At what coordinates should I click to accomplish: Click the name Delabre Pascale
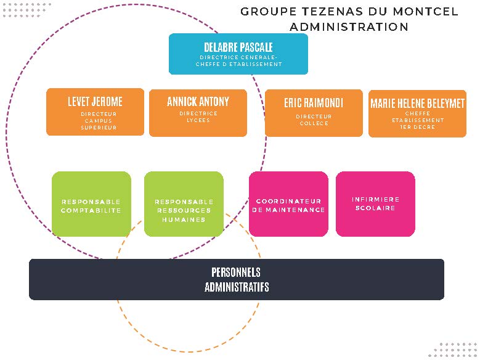click(x=238, y=47)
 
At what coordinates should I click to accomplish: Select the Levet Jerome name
click(x=95, y=102)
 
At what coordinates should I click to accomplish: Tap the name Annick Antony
click(x=198, y=102)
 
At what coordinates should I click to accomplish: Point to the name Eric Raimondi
click(x=314, y=103)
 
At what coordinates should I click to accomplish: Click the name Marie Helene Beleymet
click(x=417, y=104)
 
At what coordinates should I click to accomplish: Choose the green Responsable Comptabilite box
click(x=91, y=204)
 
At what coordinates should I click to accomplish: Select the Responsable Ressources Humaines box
click(x=184, y=204)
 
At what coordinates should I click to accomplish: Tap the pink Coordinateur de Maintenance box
click(x=288, y=204)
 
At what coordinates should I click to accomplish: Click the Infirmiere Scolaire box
click(x=375, y=204)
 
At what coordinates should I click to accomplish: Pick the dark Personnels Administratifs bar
click(x=237, y=279)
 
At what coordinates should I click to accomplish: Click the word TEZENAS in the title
click(x=333, y=12)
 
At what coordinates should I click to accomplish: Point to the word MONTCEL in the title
click(x=425, y=12)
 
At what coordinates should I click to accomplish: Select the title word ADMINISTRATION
click(x=349, y=27)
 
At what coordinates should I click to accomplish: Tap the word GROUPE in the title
click(x=268, y=12)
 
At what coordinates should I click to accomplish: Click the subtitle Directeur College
click(x=314, y=120)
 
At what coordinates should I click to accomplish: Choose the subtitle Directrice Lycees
click(x=198, y=117)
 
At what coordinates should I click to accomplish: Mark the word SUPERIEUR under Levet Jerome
click(x=99, y=128)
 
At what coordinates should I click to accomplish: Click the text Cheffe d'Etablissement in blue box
click(x=239, y=64)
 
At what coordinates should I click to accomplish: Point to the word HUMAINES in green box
click(x=184, y=219)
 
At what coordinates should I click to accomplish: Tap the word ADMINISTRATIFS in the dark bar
click(x=237, y=287)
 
